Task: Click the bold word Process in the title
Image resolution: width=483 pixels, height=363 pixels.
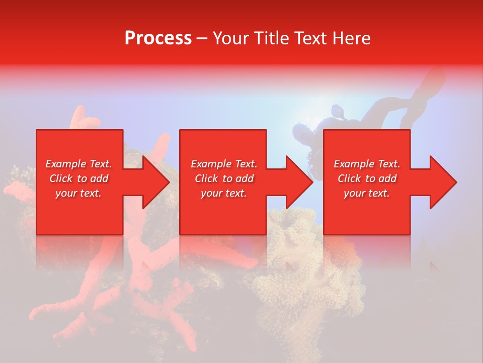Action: [158, 38]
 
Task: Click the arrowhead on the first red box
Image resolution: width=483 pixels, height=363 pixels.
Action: [153, 182]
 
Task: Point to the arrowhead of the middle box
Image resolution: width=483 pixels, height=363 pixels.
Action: [297, 182]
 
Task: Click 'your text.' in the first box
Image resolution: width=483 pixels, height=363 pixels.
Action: [79, 193]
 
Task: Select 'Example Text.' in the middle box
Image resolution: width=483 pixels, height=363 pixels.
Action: [223, 164]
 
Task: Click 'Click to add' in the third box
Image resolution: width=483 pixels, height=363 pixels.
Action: [367, 178]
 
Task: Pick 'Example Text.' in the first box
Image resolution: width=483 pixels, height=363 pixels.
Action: [79, 164]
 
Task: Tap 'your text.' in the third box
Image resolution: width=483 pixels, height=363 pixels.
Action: [367, 193]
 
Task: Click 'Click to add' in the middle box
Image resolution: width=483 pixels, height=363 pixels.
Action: [223, 178]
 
